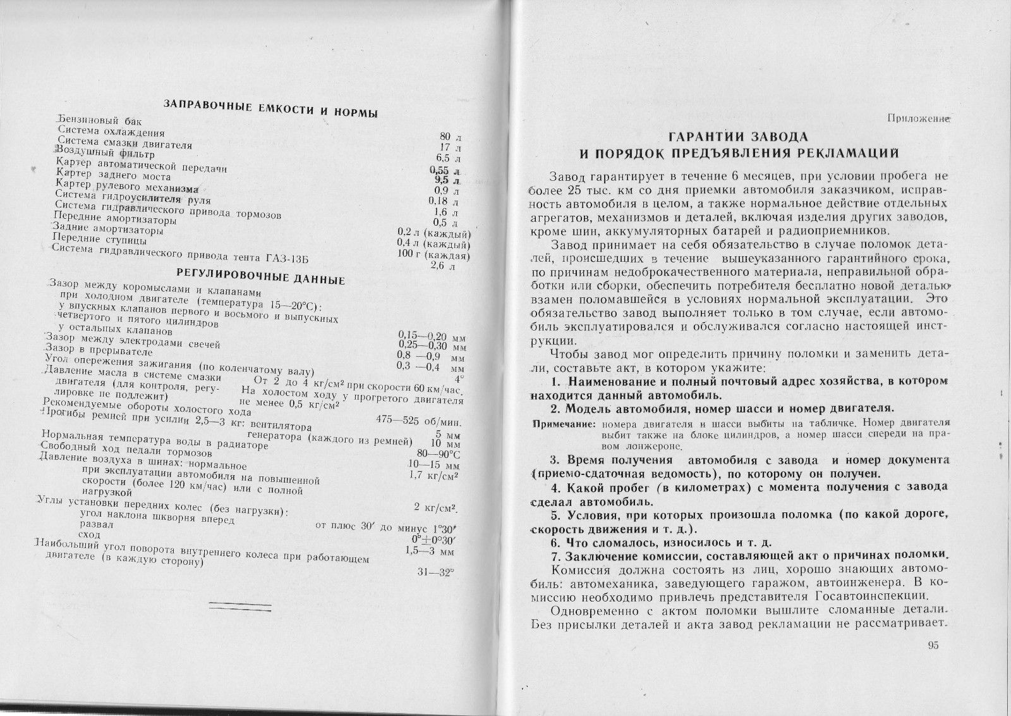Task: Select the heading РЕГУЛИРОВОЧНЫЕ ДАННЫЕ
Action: click(x=260, y=275)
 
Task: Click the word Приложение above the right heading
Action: click(x=919, y=118)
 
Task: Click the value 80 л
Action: click(x=451, y=137)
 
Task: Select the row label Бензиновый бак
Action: click(x=100, y=120)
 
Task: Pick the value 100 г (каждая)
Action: click(x=433, y=255)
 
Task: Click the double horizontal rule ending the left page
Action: click(x=239, y=606)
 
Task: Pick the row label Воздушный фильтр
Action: click(x=104, y=152)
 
